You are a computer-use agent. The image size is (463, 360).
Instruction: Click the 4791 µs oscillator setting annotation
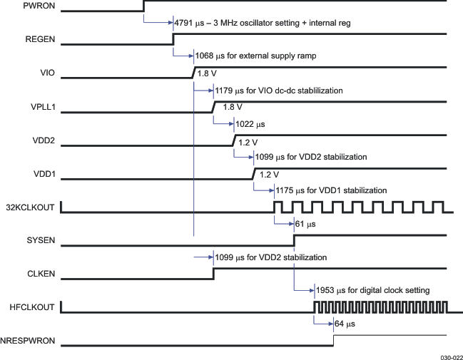click(x=262, y=23)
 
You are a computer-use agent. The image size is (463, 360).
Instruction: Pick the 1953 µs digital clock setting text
click(x=372, y=290)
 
